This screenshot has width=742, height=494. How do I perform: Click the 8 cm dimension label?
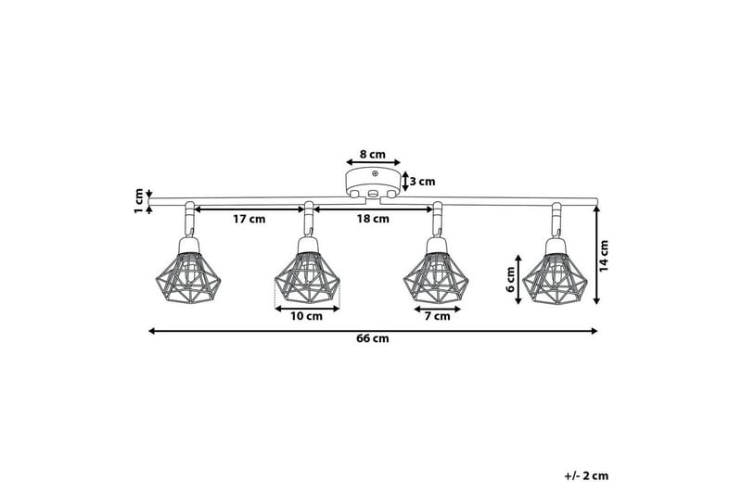pyautogui.click(x=372, y=153)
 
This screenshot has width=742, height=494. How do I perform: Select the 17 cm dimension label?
pyautogui.click(x=249, y=220)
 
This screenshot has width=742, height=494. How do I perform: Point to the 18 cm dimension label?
pyautogui.click(x=373, y=220)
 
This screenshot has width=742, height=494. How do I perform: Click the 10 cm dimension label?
pyautogui.click(x=307, y=317)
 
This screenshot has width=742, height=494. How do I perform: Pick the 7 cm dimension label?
pyautogui.click(x=436, y=317)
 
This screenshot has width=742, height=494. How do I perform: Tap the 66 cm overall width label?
pyautogui.click(x=373, y=339)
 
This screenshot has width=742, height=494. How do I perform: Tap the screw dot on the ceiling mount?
pyautogui.click(x=373, y=172)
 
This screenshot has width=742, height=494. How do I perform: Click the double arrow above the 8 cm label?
pyautogui.click(x=373, y=162)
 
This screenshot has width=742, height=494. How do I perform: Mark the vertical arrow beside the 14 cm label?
pyautogui.click(x=595, y=254)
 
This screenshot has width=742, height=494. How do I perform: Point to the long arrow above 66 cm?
pyautogui.click(x=373, y=330)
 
